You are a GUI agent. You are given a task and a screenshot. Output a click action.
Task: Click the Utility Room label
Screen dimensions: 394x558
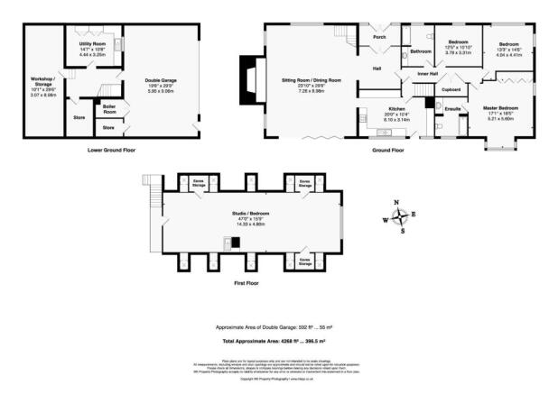[x=93, y=43]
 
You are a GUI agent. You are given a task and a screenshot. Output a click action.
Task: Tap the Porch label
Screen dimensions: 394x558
[x=379, y=37]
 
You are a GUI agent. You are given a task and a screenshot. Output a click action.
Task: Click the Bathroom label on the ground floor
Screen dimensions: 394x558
[x=421, y=51]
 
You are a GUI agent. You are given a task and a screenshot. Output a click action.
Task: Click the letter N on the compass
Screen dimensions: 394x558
[x=395, y=202]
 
